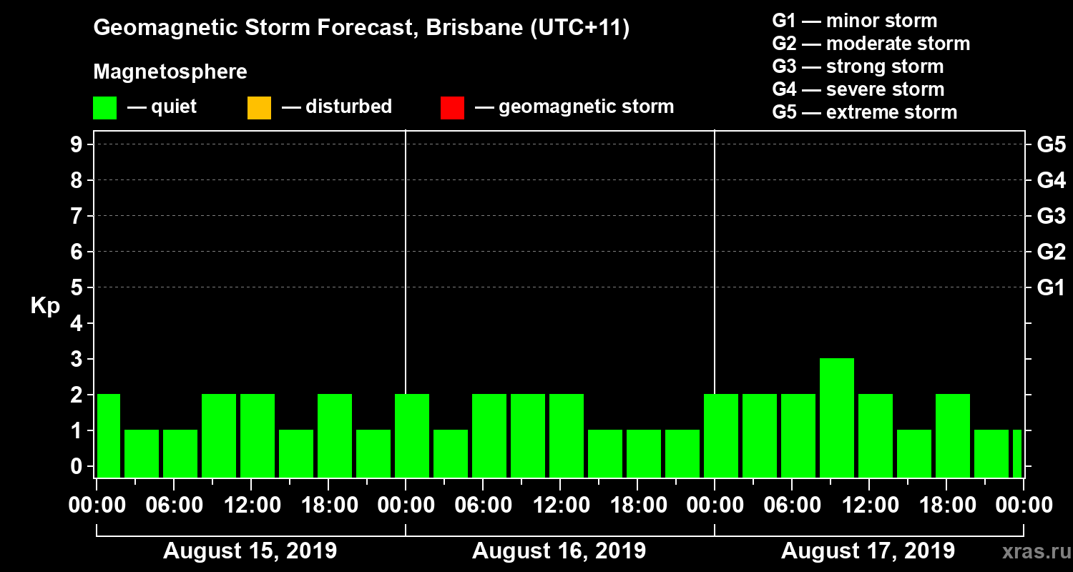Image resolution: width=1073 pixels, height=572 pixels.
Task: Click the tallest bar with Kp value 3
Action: [x=836, y=418]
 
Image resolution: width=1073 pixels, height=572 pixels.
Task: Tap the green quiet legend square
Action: [x=104, y=108]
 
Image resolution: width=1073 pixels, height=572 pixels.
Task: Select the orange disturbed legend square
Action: [x=259, y=108]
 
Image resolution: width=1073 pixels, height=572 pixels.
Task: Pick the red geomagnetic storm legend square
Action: [x=452, y=108]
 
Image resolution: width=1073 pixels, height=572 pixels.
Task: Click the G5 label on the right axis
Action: [x=1051, y=145]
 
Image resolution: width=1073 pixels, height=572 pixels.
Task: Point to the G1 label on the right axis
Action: [x=1051, y=288]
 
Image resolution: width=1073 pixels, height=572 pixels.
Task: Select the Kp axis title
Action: [x=45, y=306]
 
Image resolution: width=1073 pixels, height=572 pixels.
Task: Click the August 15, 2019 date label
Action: [x=250, y=551]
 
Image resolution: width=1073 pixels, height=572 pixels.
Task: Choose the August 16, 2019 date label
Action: [x=559, y=551]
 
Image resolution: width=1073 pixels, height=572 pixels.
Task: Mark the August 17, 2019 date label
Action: [x=868, y=551]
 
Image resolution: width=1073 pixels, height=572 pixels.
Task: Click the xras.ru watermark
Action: [x=1031, y=551]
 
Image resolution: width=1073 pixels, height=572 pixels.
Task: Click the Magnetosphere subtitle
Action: [x=170, y=72]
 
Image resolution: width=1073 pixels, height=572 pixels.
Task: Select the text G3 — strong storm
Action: [x=858, y=66]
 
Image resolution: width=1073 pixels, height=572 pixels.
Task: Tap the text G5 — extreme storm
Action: [x=864, y=112]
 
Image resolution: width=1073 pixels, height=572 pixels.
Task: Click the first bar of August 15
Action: [x=108, y=435]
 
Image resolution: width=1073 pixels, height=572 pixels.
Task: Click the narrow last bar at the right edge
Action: [x=1016, y=453]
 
